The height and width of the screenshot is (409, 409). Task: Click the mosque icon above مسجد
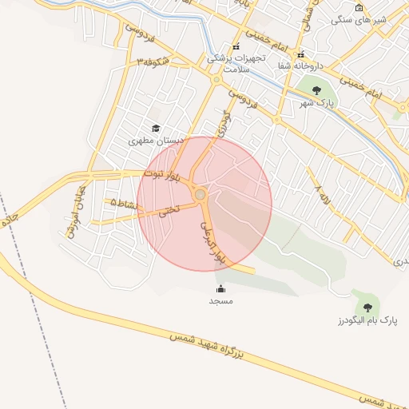coord(220,289)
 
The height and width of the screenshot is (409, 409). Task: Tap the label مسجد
coord(220,301)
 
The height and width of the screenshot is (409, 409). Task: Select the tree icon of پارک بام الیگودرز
coord(367,307)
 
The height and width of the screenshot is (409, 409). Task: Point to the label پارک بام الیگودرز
coord(367,320)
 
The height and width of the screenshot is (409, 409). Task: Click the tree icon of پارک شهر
coord(316,90)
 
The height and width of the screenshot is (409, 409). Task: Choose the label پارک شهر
coord(315,104)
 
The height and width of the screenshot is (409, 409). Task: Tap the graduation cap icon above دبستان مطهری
coord(156,128)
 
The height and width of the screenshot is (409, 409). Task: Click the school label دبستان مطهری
coord(157,140)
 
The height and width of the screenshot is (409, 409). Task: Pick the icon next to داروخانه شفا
coord(300,55)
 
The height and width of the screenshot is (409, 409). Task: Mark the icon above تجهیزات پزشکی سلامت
coord(236,47)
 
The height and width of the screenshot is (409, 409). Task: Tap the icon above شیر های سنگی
coord(359,7)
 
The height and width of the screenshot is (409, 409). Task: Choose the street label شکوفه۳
coord(153,61)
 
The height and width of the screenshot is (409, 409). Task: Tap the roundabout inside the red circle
coord(200,195)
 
